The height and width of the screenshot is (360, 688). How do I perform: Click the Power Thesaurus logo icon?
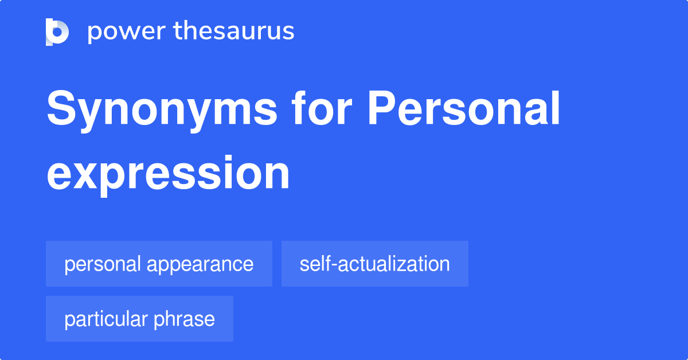(x=57, y=32)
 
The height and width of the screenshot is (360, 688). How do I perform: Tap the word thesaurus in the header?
(x=234, y=32)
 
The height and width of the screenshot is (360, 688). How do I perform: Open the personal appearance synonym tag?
(x=159, y=264)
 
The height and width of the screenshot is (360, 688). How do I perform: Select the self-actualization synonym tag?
(x=374, y=264)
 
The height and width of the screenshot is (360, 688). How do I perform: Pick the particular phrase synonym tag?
(x=139, y=319)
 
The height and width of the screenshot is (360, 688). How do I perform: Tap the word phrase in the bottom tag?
(x=185, y=319)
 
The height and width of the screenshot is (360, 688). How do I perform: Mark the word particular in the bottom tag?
(x=107, y=319)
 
